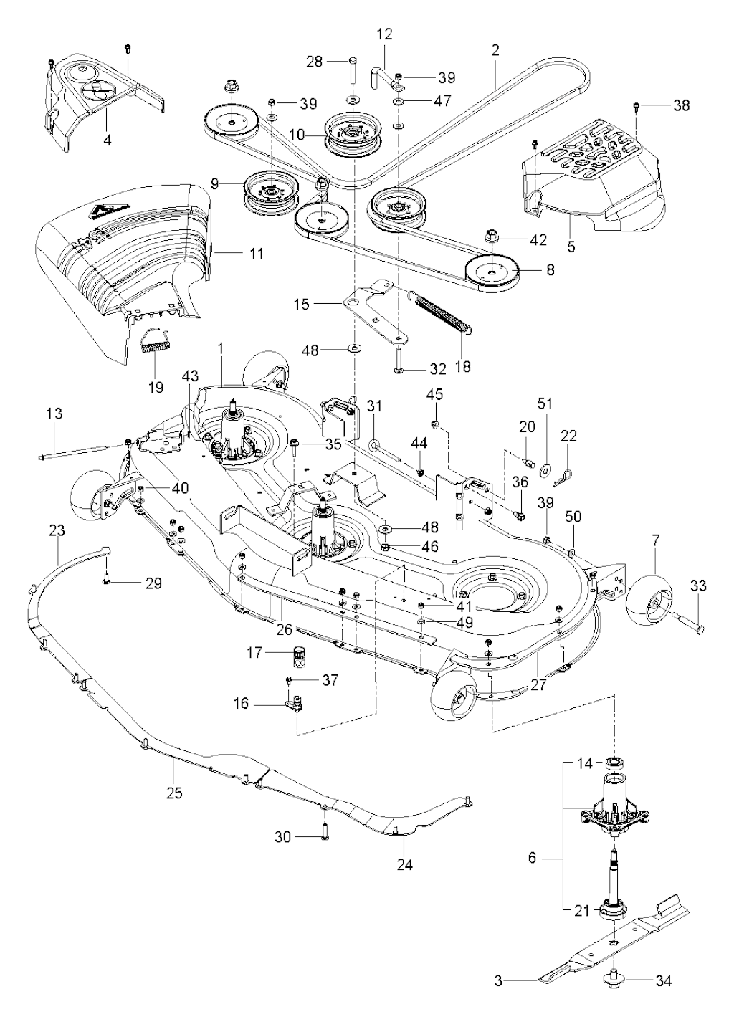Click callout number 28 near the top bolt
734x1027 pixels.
314,62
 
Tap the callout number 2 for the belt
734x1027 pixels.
495,50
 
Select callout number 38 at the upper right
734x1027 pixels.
681,105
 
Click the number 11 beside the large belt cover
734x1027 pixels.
256,254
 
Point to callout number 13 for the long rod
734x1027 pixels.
54,414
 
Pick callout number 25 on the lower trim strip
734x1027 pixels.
174,793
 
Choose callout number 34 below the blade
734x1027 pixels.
664,981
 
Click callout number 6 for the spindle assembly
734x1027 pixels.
531,857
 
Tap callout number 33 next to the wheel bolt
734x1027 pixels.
698,586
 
